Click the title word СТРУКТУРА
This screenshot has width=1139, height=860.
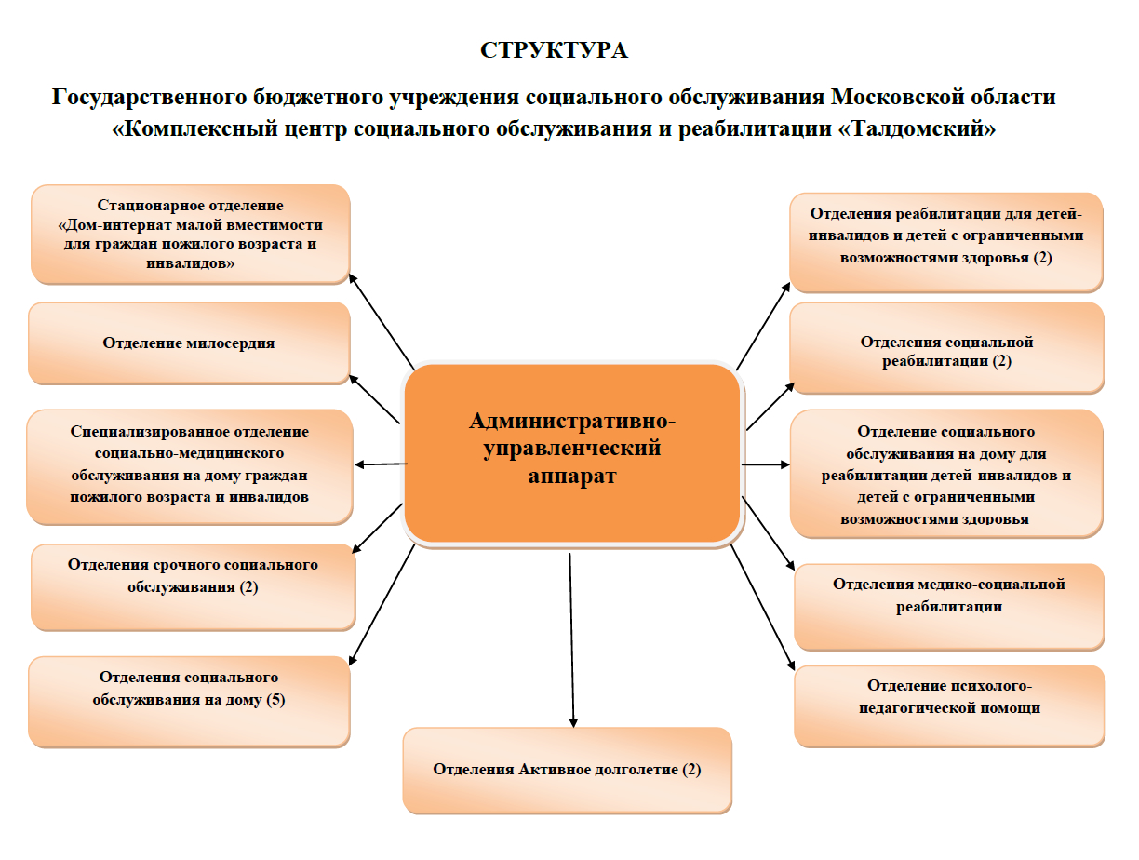(x=554, y=50)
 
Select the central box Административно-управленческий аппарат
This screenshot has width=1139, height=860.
(x=572, y=453)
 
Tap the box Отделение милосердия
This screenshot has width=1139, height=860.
(x=190, y=343)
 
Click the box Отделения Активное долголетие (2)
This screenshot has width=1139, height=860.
(x=567, y=770)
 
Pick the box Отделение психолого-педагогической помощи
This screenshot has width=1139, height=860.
(x=949, y=705)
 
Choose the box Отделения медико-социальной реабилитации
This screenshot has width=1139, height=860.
(x=949, y=606)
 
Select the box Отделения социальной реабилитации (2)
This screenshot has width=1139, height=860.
(x=946, y=348)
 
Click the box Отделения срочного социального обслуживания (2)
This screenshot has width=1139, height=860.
(x=193, y=587)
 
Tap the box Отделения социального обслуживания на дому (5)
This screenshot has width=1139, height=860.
(x=190, y=701)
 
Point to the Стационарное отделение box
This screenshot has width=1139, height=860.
(x=191, y=234)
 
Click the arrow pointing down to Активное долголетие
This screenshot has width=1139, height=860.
(x=571, y=640)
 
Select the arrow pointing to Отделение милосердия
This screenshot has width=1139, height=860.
(x=375, y=399)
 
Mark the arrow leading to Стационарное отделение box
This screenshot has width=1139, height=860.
(x=382, y=322)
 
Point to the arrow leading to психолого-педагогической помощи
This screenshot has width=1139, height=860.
(x=763, y=608)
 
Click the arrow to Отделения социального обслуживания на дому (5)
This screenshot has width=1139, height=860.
(x=382, y=605)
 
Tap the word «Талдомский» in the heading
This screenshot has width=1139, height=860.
(x=917, y=128)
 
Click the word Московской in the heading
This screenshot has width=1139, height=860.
(x=893, y=97)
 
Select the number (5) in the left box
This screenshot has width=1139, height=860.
(x=275, y=700)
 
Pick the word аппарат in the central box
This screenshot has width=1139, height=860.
(x=572, y=476)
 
